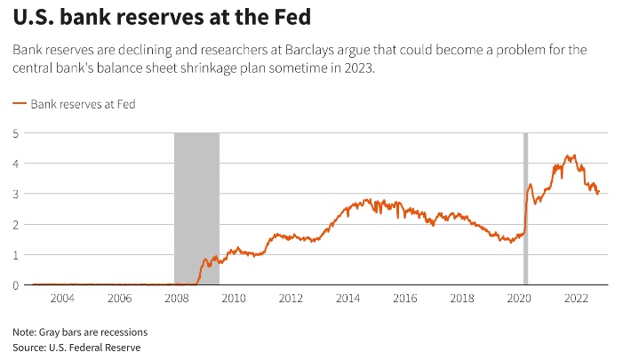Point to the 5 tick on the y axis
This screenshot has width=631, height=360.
(x=16, y=133)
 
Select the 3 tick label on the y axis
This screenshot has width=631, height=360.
(x=16, y=194)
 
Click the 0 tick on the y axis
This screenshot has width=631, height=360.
(x=16, y=285)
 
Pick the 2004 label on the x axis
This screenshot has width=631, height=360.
(x=62, y=298)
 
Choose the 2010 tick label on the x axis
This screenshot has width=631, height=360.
(x=233, y=298)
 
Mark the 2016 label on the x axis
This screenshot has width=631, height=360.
(x=404, y=298)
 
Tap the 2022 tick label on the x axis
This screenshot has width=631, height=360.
(x=576, y=298)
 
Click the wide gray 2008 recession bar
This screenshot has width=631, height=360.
(x=196, y=209)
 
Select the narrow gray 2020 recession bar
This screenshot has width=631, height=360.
(x=525, y=209)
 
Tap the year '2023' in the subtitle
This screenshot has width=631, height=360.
(x=358, y=68)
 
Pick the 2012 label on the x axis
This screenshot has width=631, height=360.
(x=291, y=298)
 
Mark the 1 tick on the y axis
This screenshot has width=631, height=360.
(x=16, y=255)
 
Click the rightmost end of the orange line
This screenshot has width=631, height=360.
(x=600, y=190)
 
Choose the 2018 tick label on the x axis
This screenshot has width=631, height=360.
(x=461, y=298)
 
